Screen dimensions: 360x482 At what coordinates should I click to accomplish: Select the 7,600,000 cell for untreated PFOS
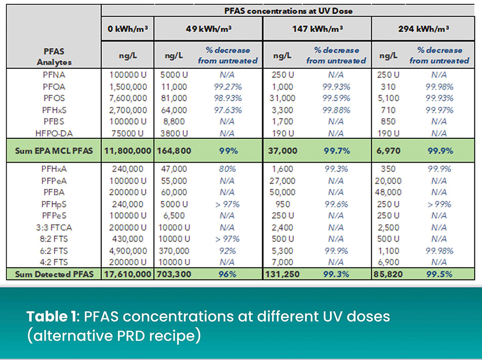tap(128, 98)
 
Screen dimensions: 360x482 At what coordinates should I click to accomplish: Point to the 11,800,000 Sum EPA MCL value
tap(128, 151)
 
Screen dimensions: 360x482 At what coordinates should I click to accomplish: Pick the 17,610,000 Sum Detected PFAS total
tap(128, 274)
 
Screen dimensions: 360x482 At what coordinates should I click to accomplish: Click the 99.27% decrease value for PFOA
tap(227, 87)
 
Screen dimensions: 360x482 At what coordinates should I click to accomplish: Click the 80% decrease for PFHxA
tap(227, 169)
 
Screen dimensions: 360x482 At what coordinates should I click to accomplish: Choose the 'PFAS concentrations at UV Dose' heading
tap(288, 10)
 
